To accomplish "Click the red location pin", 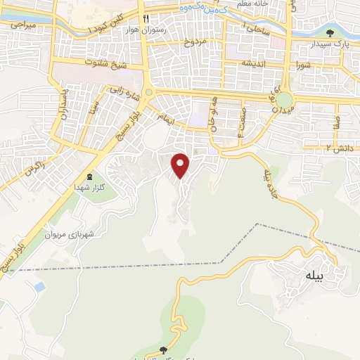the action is [x=181, y=165].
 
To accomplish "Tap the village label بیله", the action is [x=314, y=276].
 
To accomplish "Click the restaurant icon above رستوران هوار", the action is [x=146, y=18].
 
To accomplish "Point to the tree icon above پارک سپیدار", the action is [x=330, y=32].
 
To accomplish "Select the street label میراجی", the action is [x=22, y=25].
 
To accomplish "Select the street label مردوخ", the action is [x=194, y=41].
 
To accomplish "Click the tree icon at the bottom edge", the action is [x=164, y=349].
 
